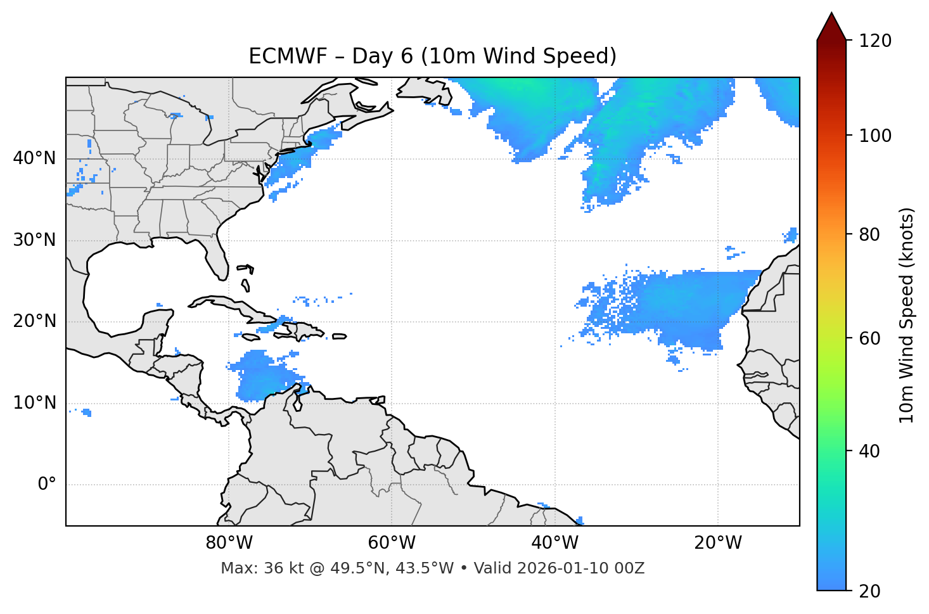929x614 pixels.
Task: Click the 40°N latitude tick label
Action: click(34, 158)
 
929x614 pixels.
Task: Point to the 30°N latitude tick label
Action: click(34, 240)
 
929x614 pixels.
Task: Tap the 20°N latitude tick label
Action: click(34, 321)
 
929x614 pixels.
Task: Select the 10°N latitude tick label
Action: click(34, 403)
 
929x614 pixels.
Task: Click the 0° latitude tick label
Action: click(46, 485)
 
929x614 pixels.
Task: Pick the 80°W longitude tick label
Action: click(229, 543)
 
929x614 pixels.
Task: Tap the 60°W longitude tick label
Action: click(392, 543)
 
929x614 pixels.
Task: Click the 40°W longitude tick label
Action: click(554, 543)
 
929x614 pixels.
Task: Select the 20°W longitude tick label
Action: click(717, 543)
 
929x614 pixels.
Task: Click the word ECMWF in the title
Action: click(279, 56)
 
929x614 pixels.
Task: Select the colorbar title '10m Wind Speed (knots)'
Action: click(907, 316)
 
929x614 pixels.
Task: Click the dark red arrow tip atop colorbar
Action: click(831, 25)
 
